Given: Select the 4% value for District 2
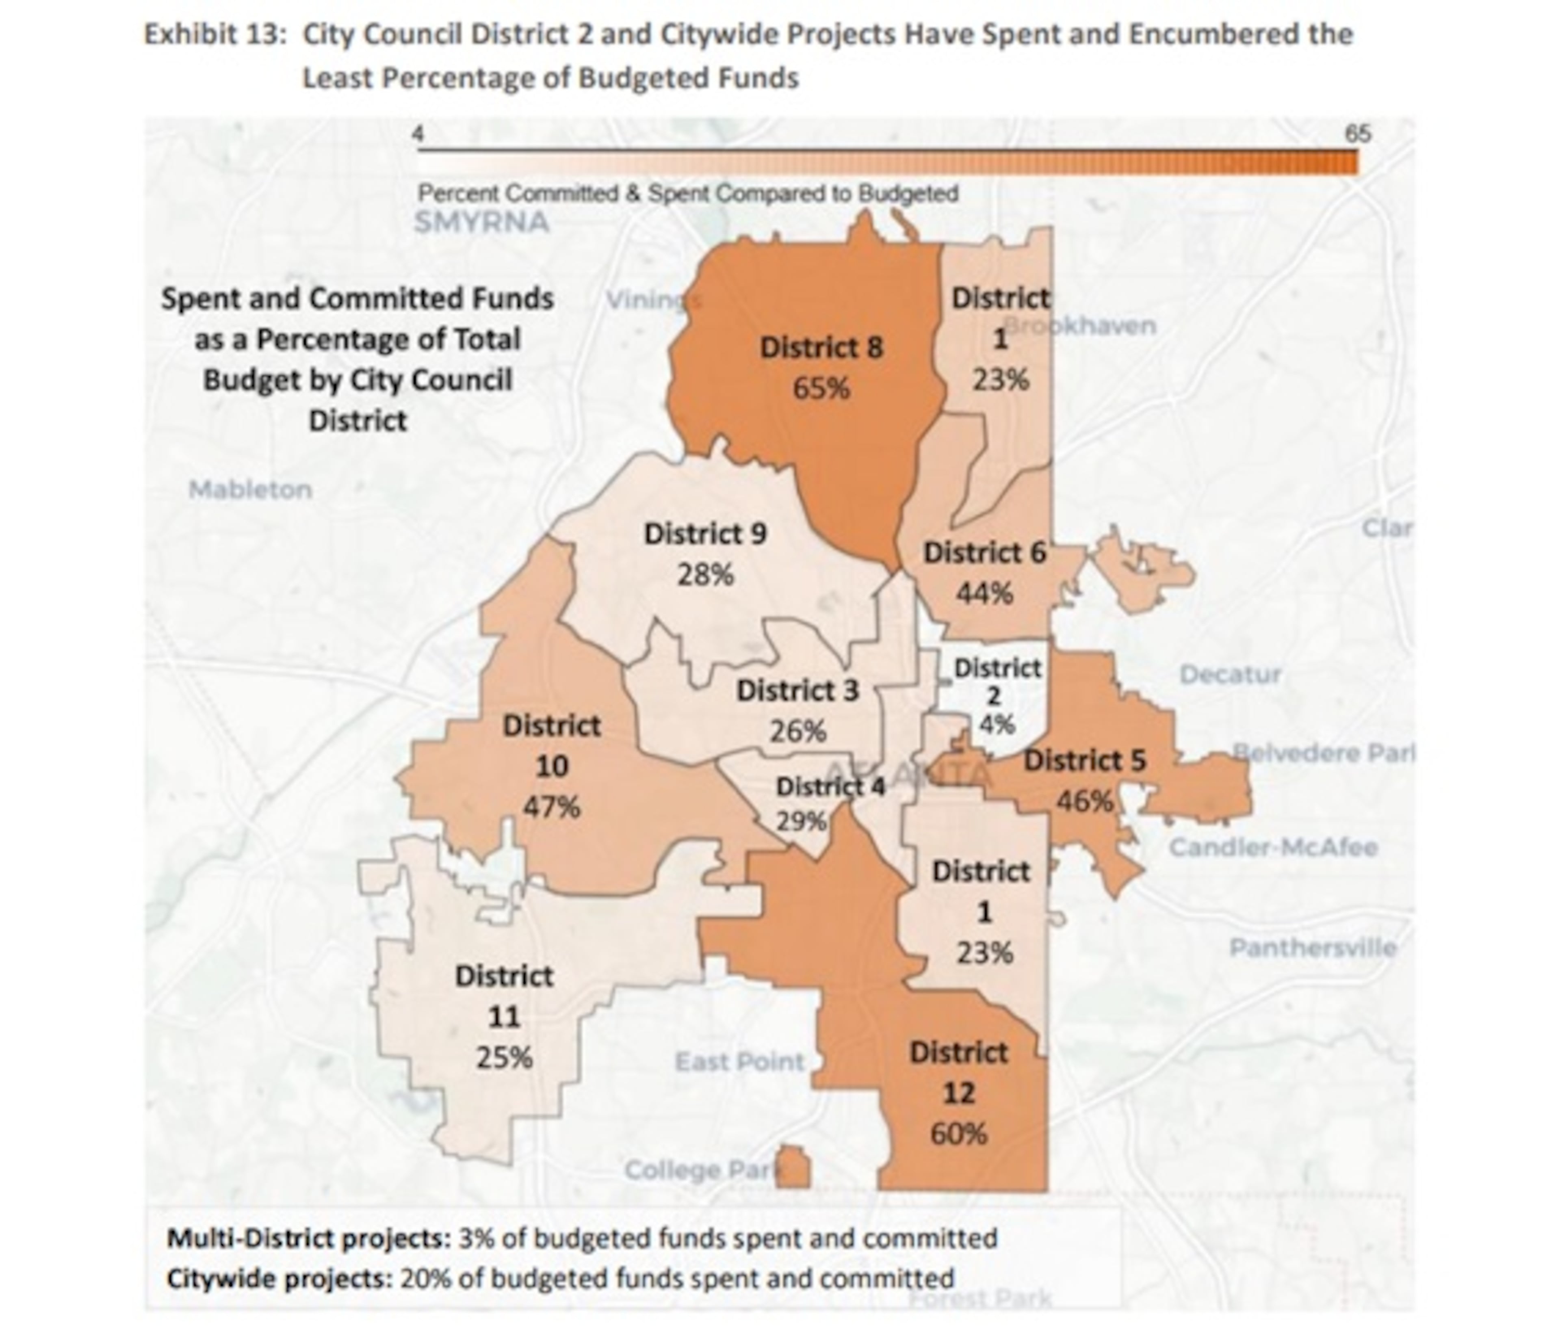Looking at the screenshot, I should tap(997, 725).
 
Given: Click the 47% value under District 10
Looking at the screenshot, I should tap(551, 807).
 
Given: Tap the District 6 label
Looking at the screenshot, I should tap(985, 553).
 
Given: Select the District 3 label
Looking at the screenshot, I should tap(797, 691).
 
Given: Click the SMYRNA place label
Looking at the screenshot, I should tap(482, 223).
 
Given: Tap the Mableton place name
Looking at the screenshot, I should tap(250, 490).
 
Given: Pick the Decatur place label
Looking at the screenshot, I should tap(1229, 674).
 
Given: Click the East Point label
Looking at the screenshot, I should tap(739, 1062).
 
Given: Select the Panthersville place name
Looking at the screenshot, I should tap(1312, 948).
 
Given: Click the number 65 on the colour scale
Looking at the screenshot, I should tap(1357, 134).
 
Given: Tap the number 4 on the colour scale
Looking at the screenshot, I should tap(418, 134).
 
